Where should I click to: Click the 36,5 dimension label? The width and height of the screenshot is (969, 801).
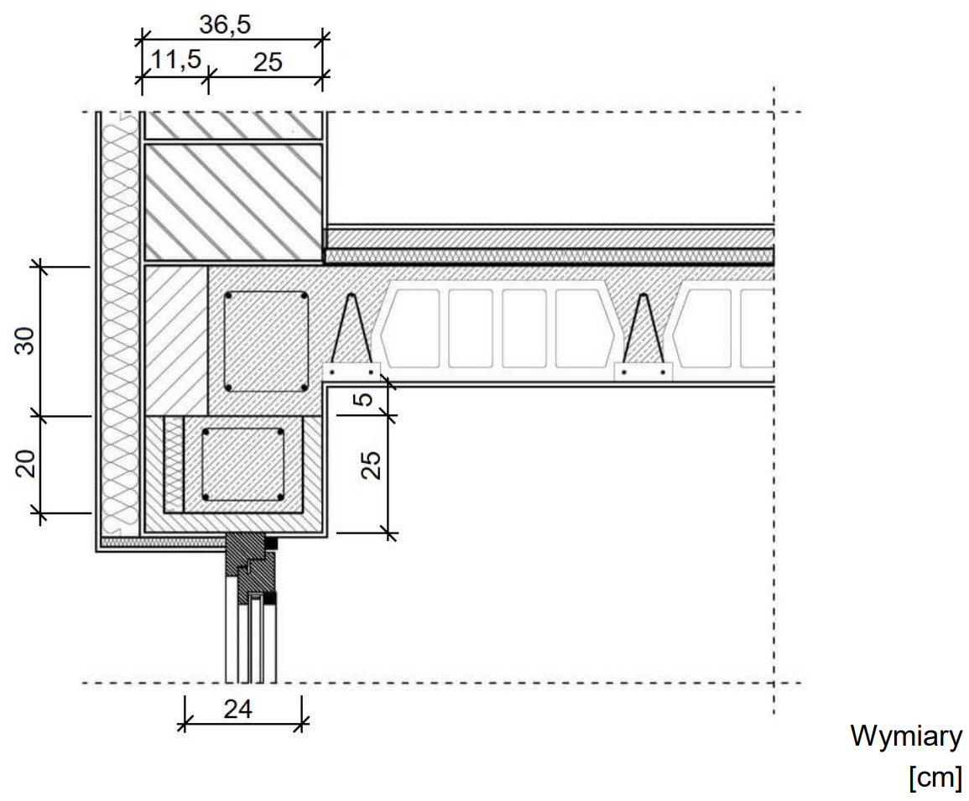[225, 24]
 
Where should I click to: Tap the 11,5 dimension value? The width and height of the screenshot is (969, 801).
[176, 60]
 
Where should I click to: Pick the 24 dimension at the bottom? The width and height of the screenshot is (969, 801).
[238, 709]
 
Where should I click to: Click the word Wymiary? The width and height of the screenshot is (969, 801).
[906, 736]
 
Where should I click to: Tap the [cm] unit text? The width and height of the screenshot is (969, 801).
[935, 777]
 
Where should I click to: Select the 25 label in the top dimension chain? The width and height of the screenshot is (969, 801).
[268, 62]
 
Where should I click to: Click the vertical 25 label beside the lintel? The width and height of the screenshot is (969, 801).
[370, 465]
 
